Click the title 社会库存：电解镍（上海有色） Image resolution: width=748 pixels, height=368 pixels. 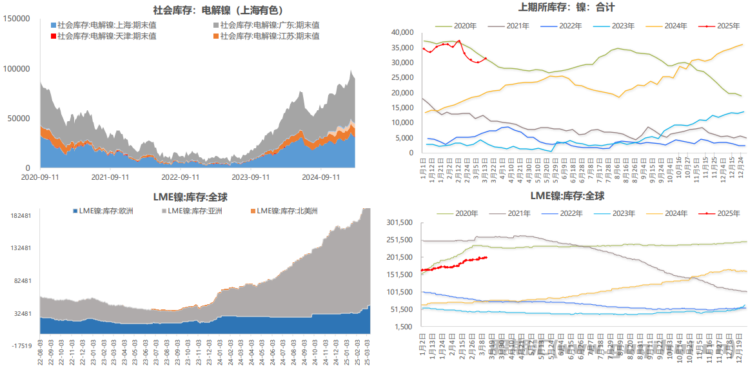pos(217,10)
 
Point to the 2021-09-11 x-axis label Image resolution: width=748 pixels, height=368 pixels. pos(110,177)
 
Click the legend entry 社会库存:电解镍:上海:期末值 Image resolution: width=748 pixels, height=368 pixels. pos(106,25)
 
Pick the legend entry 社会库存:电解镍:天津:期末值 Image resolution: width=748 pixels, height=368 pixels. pos(106,36)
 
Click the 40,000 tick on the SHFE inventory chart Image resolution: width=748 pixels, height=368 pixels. pos(402,32)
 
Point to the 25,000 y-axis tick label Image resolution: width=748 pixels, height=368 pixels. pos(402,77)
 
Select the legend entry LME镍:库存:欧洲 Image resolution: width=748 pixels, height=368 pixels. pos(108,211)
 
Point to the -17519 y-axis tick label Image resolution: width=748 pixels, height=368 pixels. pos(21,346)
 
